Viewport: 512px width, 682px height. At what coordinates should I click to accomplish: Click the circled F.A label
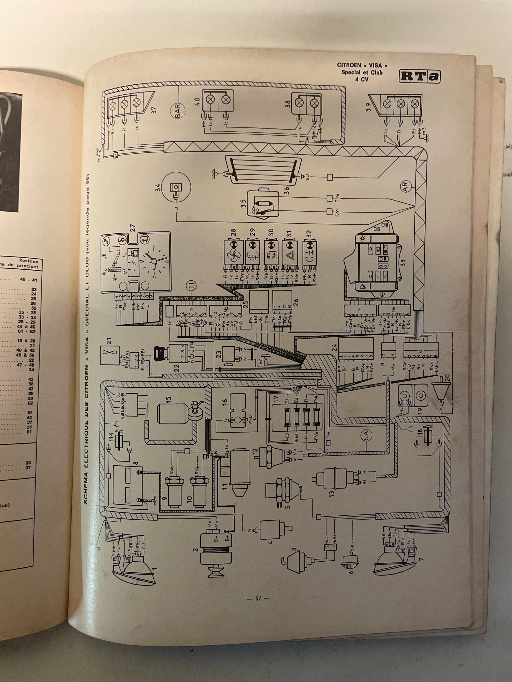tap(366, 435)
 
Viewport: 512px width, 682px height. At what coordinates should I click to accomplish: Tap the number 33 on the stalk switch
tap(403, 262)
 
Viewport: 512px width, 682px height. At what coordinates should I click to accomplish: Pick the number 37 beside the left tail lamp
tap(154, 109)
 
